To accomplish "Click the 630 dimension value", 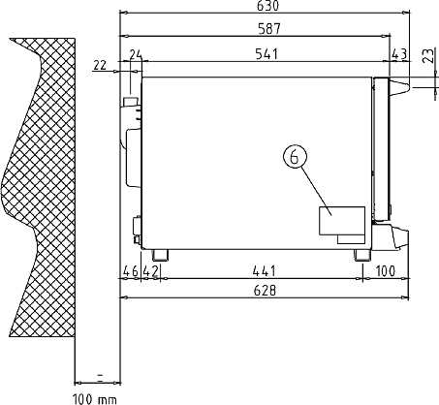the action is [267, 6].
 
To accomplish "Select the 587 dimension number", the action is [269, 29].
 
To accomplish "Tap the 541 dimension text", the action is [267, 54].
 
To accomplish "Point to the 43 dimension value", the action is [399, 54].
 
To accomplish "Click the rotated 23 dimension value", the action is [428, 55].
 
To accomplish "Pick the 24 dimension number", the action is [136, 54].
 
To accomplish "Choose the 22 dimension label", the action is [100, 66].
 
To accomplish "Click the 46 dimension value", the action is [131, 271].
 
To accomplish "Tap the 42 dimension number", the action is [150, 271].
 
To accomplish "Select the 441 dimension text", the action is [265, 271].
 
